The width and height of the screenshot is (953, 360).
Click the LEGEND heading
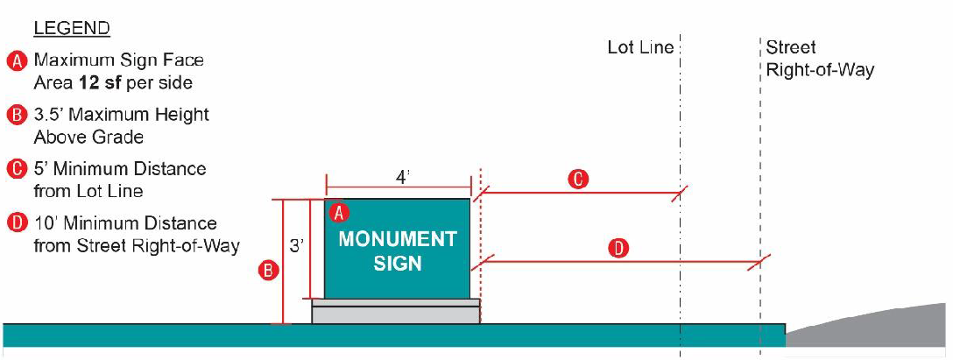71,29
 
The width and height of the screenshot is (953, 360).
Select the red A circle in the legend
18,61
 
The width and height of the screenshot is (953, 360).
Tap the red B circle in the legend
18,116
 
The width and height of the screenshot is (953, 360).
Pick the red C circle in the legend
18,169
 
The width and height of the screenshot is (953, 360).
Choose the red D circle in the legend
18,223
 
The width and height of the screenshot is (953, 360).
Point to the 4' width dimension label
402,177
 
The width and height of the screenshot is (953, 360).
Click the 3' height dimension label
296,248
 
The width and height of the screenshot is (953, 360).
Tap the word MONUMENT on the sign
398,239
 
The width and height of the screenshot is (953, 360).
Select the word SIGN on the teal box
398,263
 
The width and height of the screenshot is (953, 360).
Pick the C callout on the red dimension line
577,180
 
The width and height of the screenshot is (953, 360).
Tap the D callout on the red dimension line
618,249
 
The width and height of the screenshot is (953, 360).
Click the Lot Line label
640,47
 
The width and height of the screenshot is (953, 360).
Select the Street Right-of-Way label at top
820,59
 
